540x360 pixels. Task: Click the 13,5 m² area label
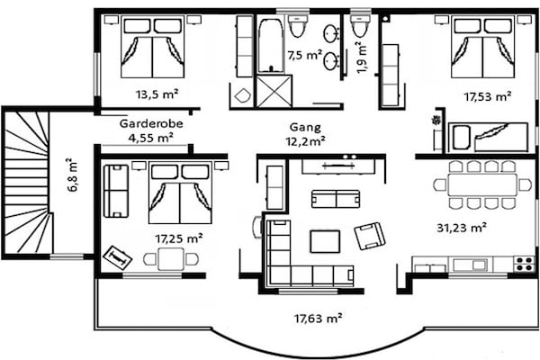pos(157,94)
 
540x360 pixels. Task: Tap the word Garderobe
pos(151,123)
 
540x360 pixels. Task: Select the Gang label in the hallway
pos(305,128)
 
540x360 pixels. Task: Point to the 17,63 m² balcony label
pos(319,318)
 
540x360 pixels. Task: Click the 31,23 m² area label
pos(462,228)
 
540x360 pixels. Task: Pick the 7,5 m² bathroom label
pos(305,55)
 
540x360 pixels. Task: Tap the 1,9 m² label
pos(363,58)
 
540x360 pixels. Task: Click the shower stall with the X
pos(274,92)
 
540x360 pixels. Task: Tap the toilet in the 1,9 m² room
pos(359,26)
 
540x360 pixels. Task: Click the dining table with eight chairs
pos(482,185)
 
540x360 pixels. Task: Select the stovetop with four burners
pos(524,264)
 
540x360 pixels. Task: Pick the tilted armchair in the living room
pos(369,235)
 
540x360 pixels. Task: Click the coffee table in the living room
pos(325,241)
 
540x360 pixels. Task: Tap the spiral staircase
pos(27,183)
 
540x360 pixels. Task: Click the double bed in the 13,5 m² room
pos(153,48)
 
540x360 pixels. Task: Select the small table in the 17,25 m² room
pos(171,258)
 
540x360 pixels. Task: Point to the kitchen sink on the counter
pos(470,265)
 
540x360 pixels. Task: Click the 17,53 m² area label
pos(487,96)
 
